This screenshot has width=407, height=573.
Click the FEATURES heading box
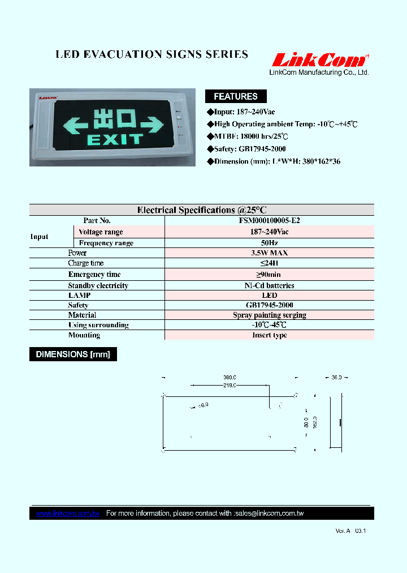click(235, 96)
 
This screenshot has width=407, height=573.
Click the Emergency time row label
click(94, 275)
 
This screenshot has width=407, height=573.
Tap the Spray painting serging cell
click(269, 315)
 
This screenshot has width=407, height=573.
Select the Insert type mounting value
click(269, 335)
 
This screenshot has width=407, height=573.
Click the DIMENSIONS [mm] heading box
click(73, 354)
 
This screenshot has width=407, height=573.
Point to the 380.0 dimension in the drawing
click(229, 377)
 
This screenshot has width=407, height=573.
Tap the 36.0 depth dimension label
click(336, 377)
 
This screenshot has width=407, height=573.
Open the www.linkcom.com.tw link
click(68, 514)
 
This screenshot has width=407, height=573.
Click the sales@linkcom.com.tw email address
click(269, 514)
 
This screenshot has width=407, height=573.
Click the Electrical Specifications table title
click(202, 210)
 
